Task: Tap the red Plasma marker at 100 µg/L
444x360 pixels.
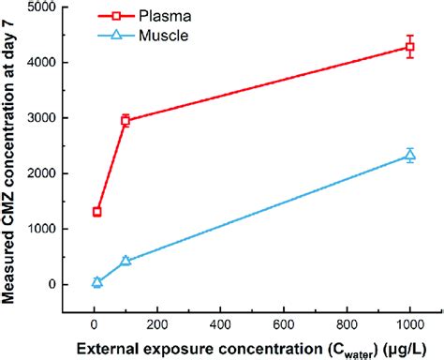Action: [x=126, y=120]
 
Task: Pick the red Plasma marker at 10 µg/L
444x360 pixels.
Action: [x=96, y=212]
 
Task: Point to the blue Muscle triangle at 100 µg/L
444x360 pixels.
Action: [x=126, y=261]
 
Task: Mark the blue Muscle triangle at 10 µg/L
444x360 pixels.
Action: [x=96, y=281]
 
